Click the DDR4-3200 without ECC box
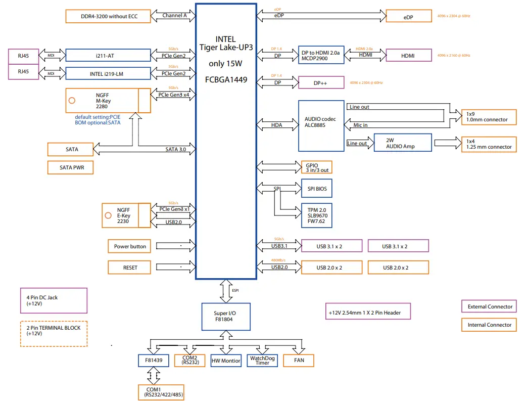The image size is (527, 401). click(x=109, y=16)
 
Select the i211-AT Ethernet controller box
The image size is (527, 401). click(x=108, y=56)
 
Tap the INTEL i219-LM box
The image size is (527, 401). click(x=108, y=73)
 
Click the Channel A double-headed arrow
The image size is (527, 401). click(x=174, y=16)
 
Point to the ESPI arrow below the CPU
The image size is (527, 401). click(x=226, y=291)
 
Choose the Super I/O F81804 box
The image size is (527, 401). click(x=225, y=317)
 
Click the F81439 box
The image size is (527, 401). click(x=154, y=361)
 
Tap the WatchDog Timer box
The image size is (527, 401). click(x=262, y=361)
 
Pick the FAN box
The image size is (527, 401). click(x=298, y=361)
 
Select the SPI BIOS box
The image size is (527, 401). click(x=317, y=189)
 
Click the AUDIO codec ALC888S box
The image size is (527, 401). click(x=321, y=125)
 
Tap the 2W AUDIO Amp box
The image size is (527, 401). click(x=402, y=143)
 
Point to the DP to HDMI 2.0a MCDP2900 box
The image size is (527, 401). click(x=321, y=55)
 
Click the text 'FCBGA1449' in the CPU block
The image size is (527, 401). click(x=226, y=79)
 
